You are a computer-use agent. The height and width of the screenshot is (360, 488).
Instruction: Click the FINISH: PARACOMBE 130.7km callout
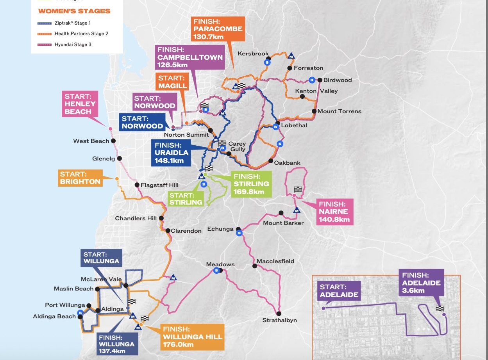point(218,29)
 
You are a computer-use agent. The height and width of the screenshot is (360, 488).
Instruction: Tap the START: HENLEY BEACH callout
point(80,104)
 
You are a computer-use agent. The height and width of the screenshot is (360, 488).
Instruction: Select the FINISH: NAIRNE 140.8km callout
point(334,212)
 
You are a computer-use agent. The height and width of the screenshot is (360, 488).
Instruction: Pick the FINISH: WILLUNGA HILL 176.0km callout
point(192,337)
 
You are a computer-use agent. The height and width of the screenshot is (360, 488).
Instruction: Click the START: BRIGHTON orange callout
point(80,178)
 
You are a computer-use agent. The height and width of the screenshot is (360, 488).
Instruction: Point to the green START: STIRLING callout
point(186,199)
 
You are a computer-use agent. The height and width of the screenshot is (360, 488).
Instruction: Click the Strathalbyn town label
point(279,320)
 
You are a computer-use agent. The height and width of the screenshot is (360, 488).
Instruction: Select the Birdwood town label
point(338,80)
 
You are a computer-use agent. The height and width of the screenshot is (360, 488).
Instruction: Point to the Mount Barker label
point(283,223)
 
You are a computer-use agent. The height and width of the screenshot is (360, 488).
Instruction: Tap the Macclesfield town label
point(275,261)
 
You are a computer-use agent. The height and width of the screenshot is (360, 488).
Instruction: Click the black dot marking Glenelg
point(120,159)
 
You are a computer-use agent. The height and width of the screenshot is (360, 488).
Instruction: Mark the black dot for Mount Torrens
point(314,111)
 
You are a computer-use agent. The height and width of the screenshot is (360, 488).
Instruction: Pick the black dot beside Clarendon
point(168,231)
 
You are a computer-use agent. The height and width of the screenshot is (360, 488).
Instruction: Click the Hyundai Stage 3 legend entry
point(73,45)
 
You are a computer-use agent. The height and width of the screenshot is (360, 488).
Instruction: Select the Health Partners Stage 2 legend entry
point(81,34)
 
